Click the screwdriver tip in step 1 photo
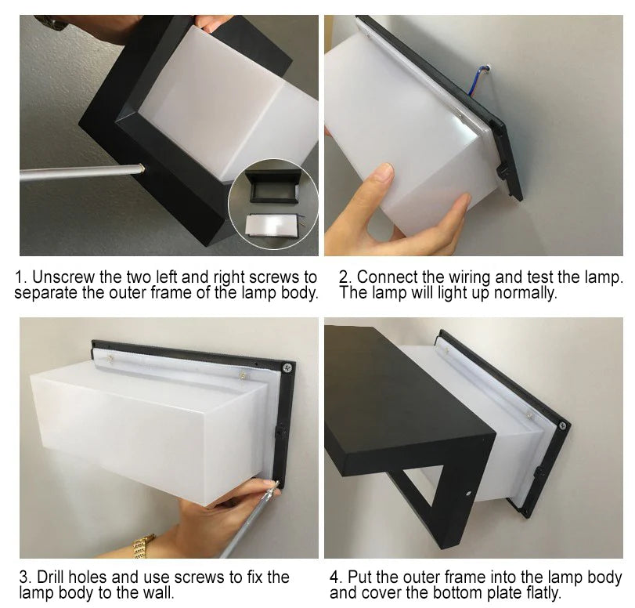(142, 168)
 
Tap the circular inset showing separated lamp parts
(273, 204)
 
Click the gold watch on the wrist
(143, 546)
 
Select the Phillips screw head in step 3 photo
(288, 368)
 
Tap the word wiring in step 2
(469, 277)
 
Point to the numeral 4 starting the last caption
(334, 577)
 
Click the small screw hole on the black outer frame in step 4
(468, 494)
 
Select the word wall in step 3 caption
(157, 592)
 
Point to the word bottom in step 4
(457, 592)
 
